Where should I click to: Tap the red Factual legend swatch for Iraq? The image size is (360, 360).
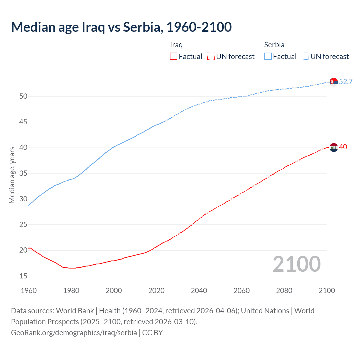point(174,57)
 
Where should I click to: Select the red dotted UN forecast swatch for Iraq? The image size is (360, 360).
point(211,57)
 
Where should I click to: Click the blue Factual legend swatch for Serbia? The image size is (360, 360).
point(268,57)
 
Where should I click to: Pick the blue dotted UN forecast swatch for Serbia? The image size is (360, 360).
point(305,57)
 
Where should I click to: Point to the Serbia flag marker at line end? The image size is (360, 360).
point(334,82)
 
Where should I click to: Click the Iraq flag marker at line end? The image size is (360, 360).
point(334,147)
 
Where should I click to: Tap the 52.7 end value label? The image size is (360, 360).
point(346,82)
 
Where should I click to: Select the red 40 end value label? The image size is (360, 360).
point(343,147)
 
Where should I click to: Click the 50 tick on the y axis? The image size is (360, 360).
point(23,96)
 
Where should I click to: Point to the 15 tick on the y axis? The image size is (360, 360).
point(23,276)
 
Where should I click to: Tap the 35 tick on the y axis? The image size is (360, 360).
point(23,173)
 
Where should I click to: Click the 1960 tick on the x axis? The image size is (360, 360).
point(29,291)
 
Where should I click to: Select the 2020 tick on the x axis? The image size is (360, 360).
point(156,291)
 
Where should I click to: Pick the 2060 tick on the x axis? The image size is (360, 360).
point(242,291)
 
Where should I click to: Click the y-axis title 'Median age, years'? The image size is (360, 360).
point(12,175)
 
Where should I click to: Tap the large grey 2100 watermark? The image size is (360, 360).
point(296,264)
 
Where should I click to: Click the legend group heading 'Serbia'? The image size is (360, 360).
point(274,45)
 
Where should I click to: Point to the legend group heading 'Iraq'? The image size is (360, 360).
point(176,45)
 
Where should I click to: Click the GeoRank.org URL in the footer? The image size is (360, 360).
point(74,332)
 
